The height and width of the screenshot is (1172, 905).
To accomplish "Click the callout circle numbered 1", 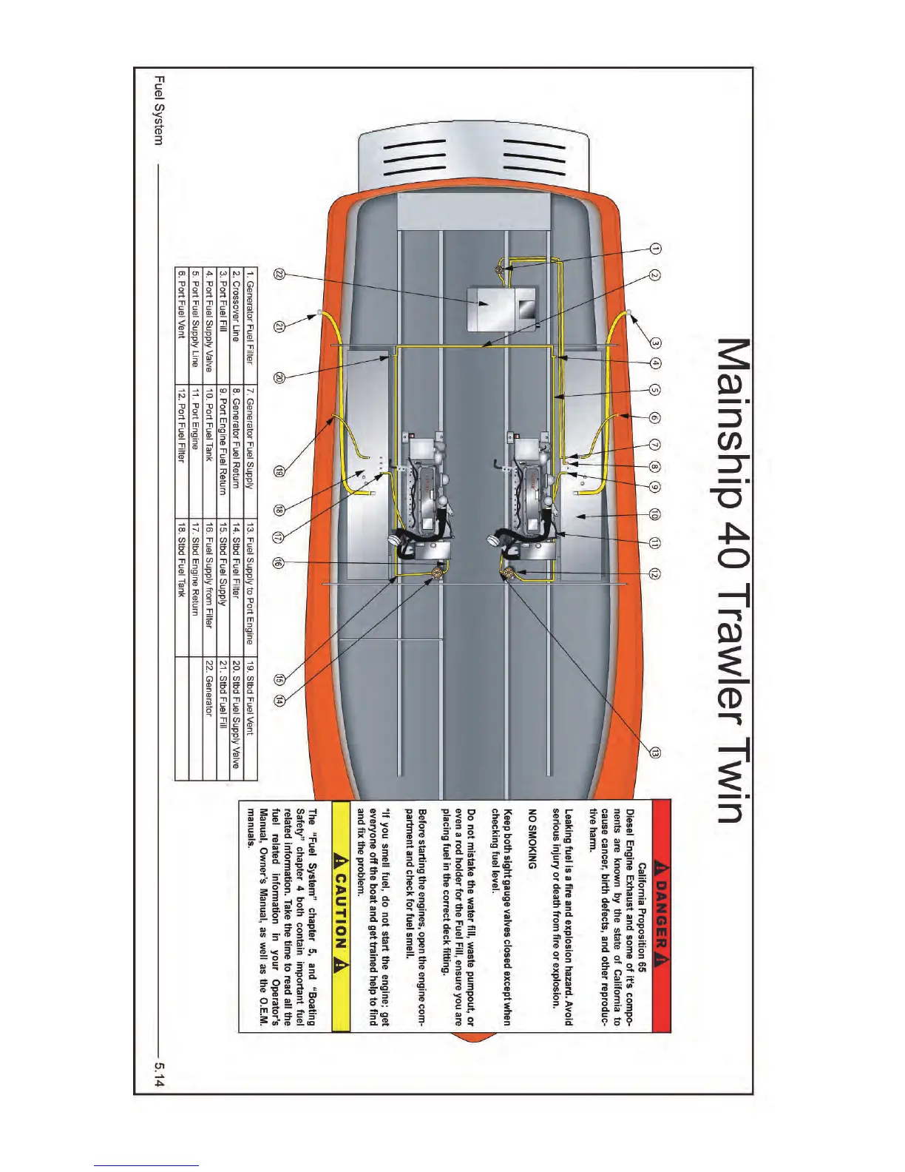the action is click(655, 249).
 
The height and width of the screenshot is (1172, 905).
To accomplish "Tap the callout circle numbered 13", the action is click(655, 752).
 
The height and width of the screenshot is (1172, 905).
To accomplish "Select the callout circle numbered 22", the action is click(279, 274).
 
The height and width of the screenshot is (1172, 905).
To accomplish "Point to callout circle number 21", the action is click(279, 328).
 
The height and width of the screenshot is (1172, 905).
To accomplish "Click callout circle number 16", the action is click(279, 563).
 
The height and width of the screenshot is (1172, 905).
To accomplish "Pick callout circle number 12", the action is click(655, 573).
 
